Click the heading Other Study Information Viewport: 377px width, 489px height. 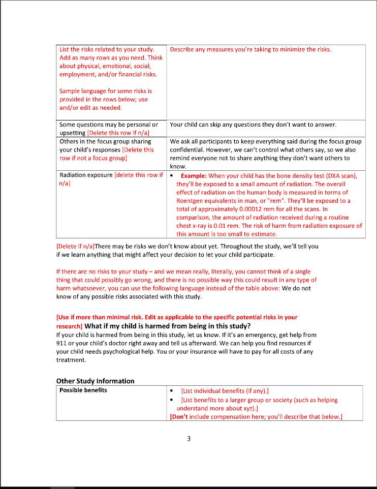coord(96,381)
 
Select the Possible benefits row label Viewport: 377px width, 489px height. coord(83,390)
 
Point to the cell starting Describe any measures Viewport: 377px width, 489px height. coord(250,49)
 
